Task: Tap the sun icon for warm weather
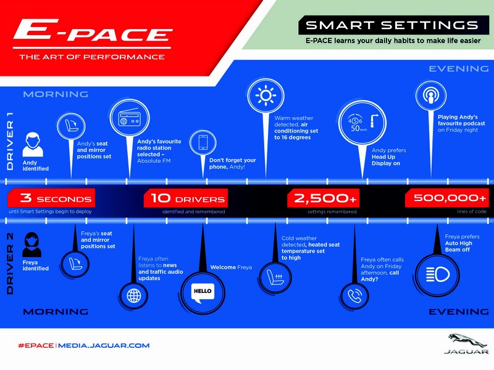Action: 266,96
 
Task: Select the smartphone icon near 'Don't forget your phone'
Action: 203,143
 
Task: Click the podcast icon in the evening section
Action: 430,96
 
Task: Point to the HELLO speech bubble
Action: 203,292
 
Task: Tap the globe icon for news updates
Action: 134,296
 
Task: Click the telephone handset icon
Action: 354,296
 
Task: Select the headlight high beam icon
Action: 437,274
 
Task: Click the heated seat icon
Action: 275,277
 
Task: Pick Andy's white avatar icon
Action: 33,144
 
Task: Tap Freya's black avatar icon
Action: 31,244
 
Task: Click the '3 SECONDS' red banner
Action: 51,198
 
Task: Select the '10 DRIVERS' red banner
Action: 186,198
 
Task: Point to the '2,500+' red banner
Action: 323,198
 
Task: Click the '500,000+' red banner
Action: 447,198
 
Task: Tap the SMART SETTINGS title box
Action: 394,25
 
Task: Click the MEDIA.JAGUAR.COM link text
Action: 104,345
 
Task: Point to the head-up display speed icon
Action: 362,123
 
